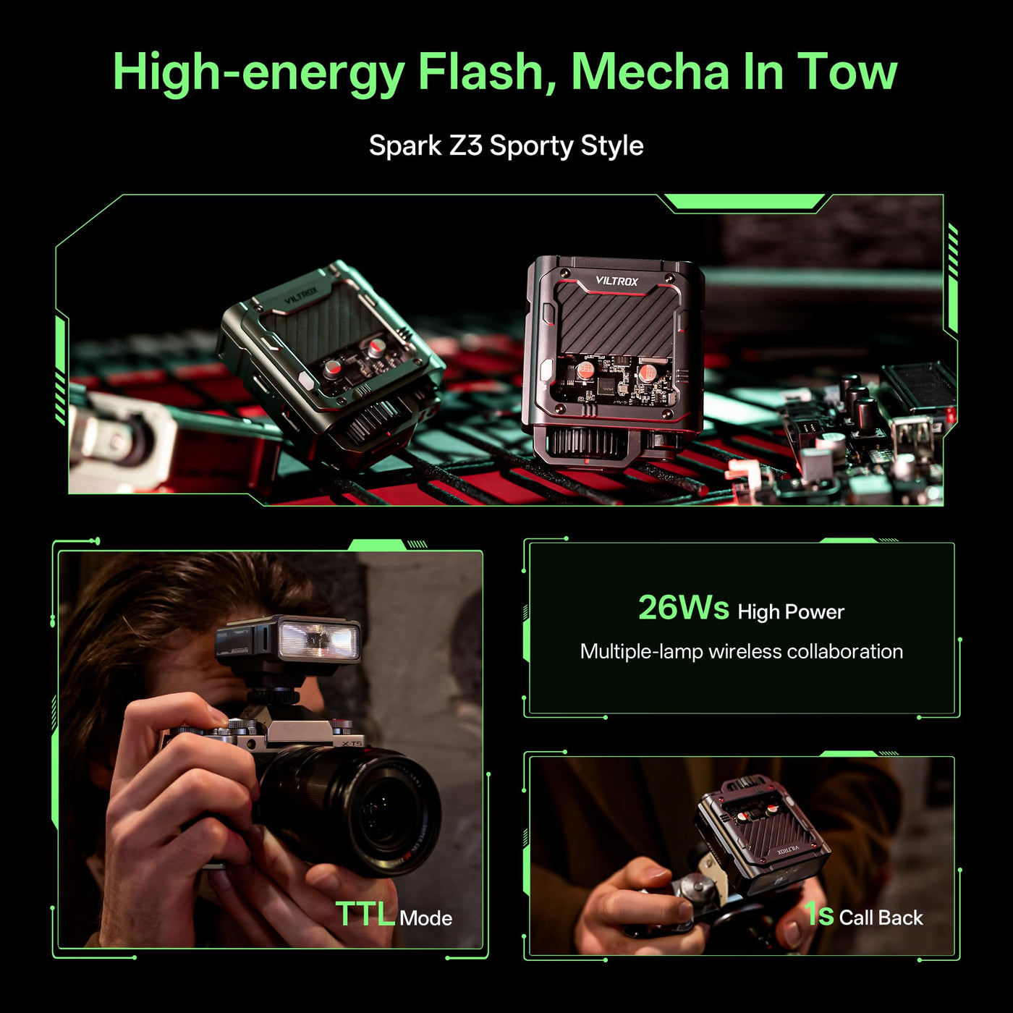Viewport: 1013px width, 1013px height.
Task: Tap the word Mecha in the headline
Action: click(x=650, y=71)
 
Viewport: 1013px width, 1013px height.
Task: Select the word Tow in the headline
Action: click(x=847, y=72)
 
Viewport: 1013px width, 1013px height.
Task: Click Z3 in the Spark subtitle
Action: click(x=466, y=145)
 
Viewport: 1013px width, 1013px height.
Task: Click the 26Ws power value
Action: click(x=683, y=608)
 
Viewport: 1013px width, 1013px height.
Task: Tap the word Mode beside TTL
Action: click(x=425, y=918)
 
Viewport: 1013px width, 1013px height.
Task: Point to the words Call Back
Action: click(x=881, y=917)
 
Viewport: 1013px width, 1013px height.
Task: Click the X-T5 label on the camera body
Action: click(x=352, y=744)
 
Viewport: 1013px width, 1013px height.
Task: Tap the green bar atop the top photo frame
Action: click(x=744, y=202)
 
